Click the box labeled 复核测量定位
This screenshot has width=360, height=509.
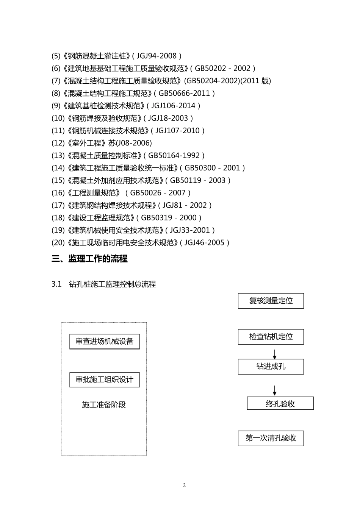coord(271,301)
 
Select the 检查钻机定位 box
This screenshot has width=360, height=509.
coord(271,337)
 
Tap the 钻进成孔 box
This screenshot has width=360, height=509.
coord(271,367)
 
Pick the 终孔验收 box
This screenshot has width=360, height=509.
coord(280,404)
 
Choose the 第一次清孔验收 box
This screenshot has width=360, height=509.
coord(271,438)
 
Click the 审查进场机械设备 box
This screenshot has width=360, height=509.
coord(104,342)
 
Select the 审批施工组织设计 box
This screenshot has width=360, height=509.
coord(104,379)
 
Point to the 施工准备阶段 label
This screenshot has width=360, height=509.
coord(103,405)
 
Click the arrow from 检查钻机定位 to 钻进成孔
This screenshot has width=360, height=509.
coord(274,354)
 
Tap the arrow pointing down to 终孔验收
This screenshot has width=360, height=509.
coord(274,390)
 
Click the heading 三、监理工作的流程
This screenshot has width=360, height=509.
coord(89,259)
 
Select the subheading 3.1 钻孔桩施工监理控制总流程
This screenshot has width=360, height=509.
coord(103,284)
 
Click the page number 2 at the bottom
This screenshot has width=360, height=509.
coord(184,486)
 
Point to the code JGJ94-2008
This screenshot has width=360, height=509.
coord(157,56)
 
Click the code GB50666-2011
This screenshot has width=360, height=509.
coord(184,93)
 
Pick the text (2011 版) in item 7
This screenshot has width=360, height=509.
coord(256,81)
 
